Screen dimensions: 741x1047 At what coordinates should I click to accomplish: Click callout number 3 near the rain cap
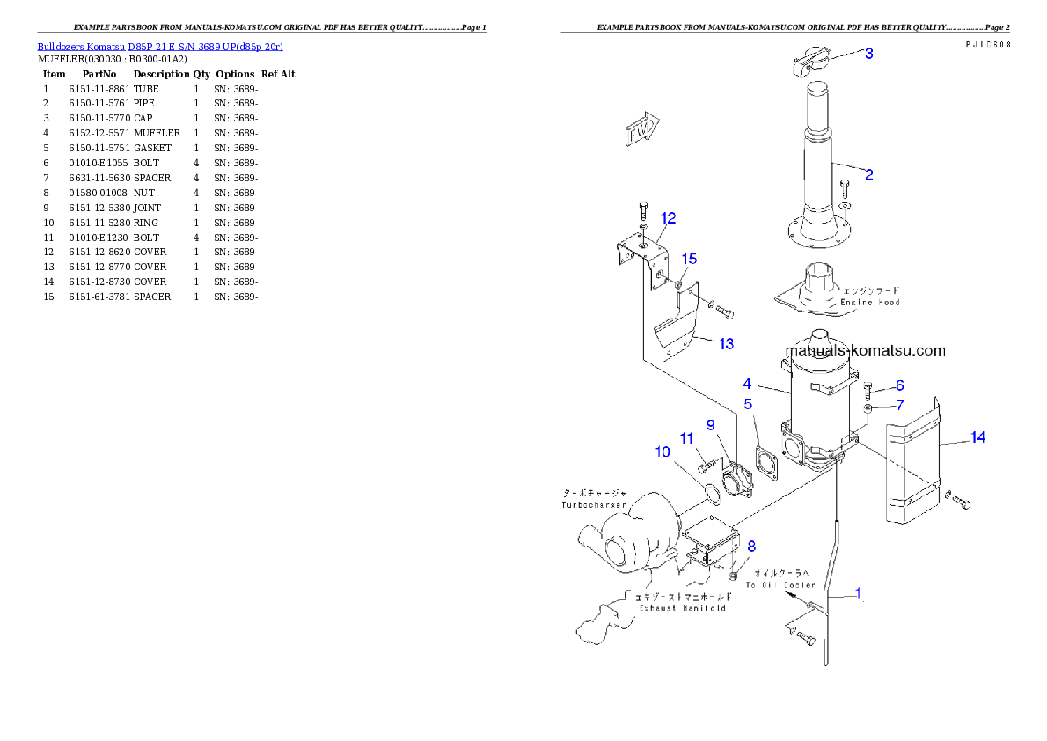[868, 54]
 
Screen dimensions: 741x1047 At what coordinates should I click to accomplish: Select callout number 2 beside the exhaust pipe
[868, 174]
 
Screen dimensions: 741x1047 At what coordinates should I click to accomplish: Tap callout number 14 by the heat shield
[977, 437]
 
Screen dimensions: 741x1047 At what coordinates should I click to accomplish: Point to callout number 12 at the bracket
[669, 218]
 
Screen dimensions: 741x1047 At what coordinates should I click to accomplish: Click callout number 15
[689, 259]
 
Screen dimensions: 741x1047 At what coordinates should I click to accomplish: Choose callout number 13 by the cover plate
[726, 344]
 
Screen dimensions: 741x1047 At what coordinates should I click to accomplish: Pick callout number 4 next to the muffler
[747, 384]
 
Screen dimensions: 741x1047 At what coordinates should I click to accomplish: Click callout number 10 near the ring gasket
[662, 451]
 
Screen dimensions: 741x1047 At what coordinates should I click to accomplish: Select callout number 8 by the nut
[751, 546]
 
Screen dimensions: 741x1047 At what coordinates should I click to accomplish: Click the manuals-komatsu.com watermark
[864, 350]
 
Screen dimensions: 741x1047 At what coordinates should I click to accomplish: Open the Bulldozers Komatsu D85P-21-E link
[159, 46]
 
